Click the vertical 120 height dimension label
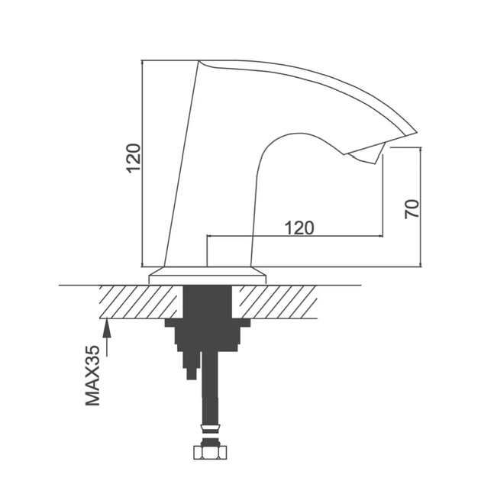point(134,158)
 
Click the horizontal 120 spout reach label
point(299,228)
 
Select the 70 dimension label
point(412,209)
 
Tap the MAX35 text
point(92,376)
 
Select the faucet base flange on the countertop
point(208,276)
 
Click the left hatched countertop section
point(140,302)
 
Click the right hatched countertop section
point(275,302)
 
